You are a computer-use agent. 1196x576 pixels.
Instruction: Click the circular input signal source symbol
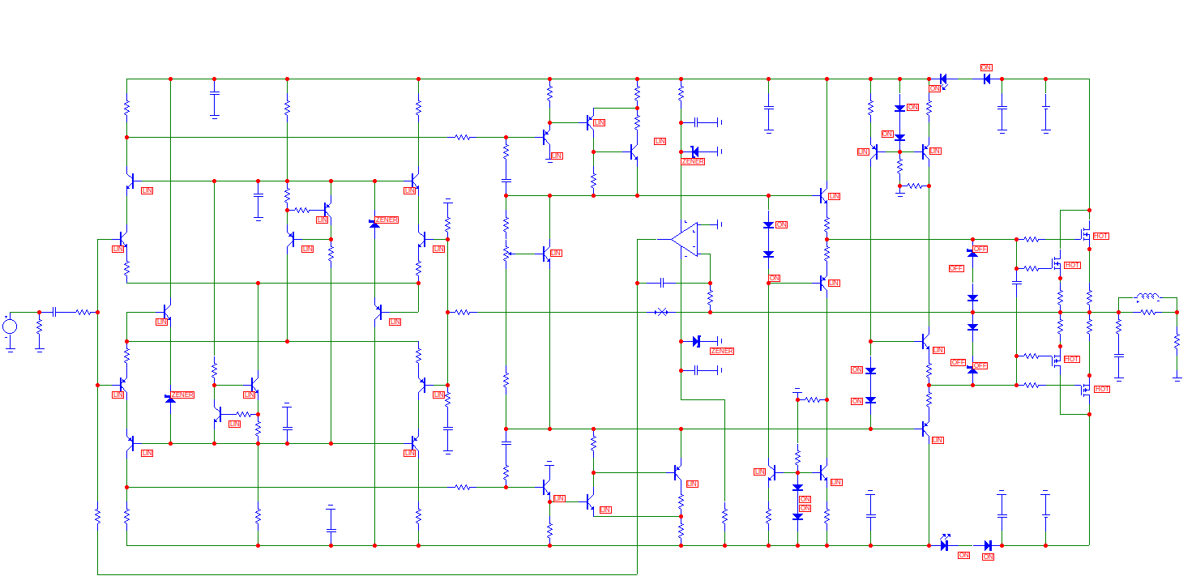coord(10,326)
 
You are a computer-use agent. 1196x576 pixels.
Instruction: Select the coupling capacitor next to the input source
coord(54,312)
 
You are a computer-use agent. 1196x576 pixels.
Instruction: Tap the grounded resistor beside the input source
coord(39,331)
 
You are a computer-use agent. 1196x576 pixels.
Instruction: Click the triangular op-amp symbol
coord(683,240)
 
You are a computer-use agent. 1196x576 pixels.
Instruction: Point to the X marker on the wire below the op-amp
coord(661,312)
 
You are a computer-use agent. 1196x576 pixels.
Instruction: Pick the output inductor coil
coord(1147,297)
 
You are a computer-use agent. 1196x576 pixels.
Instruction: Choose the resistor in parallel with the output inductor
coord(1147,312)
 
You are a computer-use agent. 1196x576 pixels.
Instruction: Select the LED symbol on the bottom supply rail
coord(945,545)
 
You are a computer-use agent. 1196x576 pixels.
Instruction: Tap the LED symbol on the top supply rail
coord(944,79)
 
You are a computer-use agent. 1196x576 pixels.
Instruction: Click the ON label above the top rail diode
coord(986,68)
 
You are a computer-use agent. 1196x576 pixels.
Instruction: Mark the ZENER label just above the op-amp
coord(693,161)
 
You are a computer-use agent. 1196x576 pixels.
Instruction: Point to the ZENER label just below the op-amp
coord(721,351)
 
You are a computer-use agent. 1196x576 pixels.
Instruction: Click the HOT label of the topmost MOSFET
coord(1100,236)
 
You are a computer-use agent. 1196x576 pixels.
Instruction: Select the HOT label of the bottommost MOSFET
coord(1102,390)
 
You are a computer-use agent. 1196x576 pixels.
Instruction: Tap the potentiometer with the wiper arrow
coord(506,254)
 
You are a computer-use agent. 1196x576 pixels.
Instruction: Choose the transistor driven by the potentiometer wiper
coord(548,254)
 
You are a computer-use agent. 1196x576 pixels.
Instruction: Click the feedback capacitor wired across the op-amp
coord(663,283)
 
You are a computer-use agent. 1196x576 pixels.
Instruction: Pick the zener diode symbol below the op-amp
coord(695,342)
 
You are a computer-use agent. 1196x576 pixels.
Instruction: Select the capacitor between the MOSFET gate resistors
coord(1016,283)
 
